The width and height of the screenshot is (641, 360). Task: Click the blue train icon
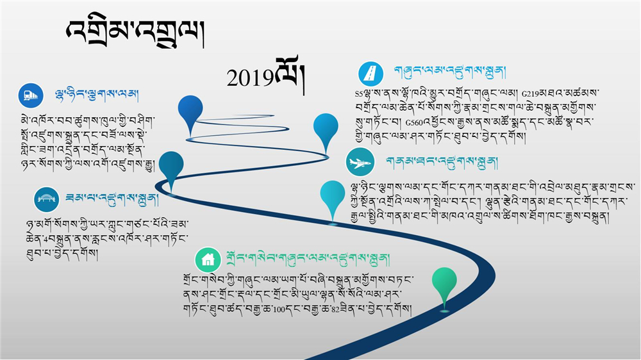click(31, 95)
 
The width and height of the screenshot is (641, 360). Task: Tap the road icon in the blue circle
click(370, 74)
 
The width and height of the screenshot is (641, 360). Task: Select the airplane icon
click(360, 162)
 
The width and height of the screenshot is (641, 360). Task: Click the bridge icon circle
click(46, 199)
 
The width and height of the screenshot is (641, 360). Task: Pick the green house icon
click(208, 259)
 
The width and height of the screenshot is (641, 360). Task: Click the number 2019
click(250, 78)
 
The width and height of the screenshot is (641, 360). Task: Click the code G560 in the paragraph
click(414, 122)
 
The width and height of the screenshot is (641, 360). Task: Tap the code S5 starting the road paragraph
click(358, 94)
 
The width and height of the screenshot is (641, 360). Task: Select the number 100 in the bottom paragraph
click(279, 309)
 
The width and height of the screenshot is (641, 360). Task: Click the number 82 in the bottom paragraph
click(335, 309)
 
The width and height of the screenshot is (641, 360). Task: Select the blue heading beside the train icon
click(97, 95)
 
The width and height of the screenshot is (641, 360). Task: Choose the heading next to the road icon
click(450, 72)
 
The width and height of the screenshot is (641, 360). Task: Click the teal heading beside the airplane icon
click(442, 163)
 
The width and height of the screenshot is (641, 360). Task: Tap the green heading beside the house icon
click(308, 259)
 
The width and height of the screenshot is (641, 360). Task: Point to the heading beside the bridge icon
click(112, 199)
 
